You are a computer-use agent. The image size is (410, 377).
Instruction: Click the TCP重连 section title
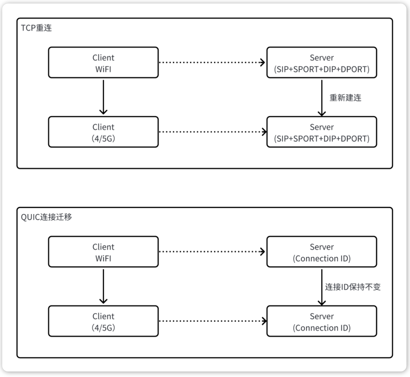[36, 28]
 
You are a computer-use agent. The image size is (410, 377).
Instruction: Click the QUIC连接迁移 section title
[46, 217]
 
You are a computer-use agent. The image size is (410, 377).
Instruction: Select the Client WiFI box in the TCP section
[103, 63]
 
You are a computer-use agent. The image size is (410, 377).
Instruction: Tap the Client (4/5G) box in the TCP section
[103, 132]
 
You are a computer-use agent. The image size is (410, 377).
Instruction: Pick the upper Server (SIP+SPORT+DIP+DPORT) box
[322, 63]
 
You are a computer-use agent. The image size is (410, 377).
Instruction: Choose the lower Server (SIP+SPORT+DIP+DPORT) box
[322, 132]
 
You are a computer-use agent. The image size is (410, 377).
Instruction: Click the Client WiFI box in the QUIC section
[103, 252]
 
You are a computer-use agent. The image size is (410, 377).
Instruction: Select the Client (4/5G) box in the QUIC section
[103, 321]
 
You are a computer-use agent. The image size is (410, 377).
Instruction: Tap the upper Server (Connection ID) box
[322, 252]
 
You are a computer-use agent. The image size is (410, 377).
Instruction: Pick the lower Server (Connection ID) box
[322, 321]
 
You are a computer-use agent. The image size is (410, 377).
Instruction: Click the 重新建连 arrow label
[345, 98]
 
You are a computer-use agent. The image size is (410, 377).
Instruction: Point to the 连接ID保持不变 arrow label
[353, 287]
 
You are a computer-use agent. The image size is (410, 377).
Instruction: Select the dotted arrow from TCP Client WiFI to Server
[212, 62]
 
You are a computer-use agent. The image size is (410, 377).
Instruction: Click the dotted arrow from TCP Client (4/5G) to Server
[213, 132]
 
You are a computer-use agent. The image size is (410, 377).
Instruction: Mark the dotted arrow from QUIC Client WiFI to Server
[212, 251]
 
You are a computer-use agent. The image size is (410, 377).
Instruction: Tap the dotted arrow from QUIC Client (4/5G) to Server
[213, 321]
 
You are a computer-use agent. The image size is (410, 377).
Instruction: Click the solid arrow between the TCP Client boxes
[103, 97]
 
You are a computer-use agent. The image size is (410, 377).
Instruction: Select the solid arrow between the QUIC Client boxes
[103, 286]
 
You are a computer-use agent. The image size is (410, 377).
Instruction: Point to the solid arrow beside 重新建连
[322, 98]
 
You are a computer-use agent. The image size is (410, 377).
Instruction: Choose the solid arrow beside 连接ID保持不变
[322, 287]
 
